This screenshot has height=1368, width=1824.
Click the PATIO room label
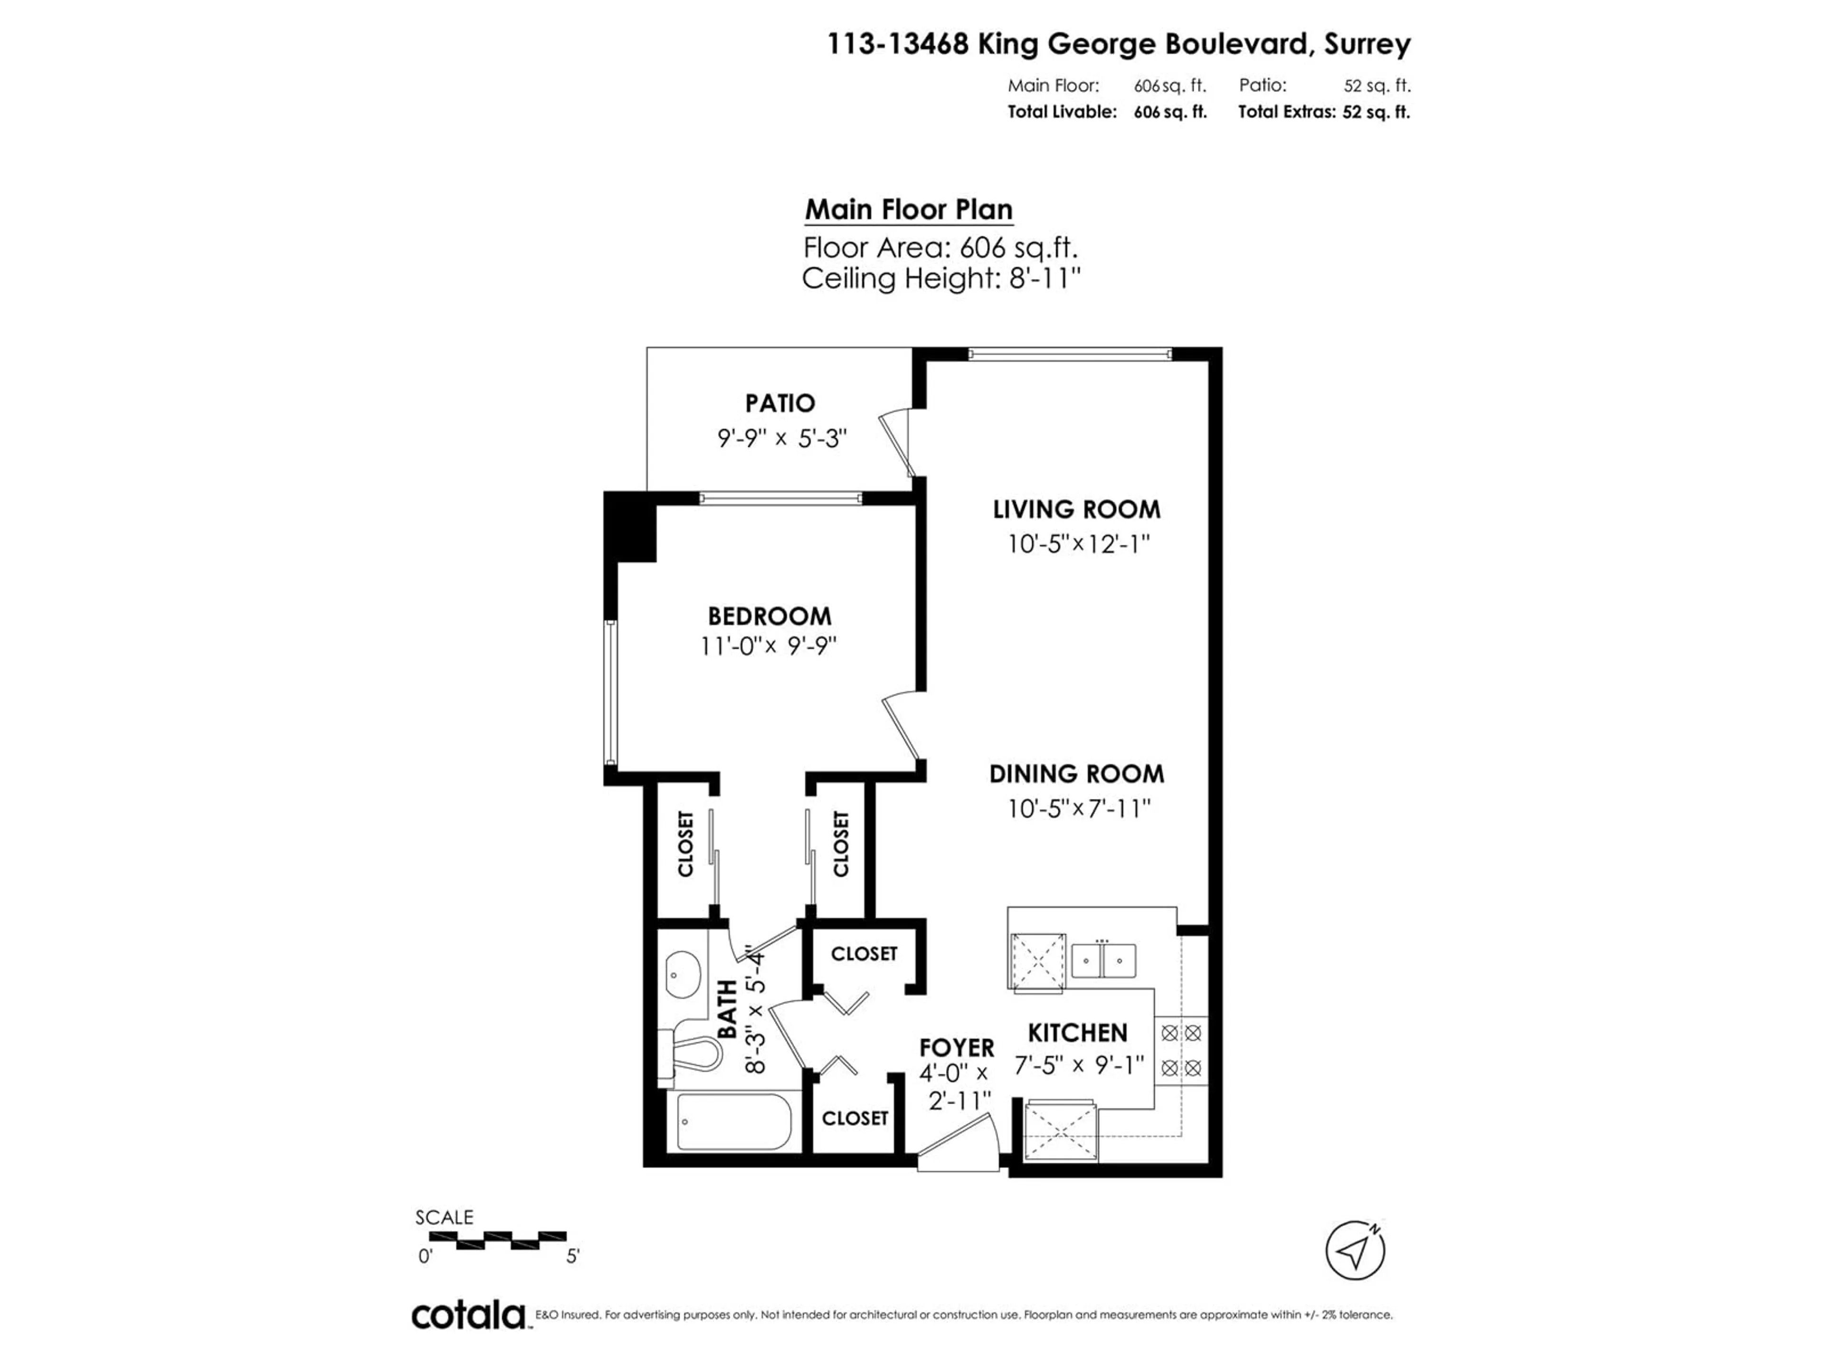click(780, 403)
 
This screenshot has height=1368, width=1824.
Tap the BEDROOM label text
click(769, 616)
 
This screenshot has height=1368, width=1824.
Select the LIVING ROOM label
click(1077, 509)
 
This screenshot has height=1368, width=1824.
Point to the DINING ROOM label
click(1077, 773)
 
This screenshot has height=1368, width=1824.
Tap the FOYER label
click(957, 1047)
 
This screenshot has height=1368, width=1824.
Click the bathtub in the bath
click(734, 1121)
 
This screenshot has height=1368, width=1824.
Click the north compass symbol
click(1355, 1251)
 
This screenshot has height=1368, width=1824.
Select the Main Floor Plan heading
click(909, 209)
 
